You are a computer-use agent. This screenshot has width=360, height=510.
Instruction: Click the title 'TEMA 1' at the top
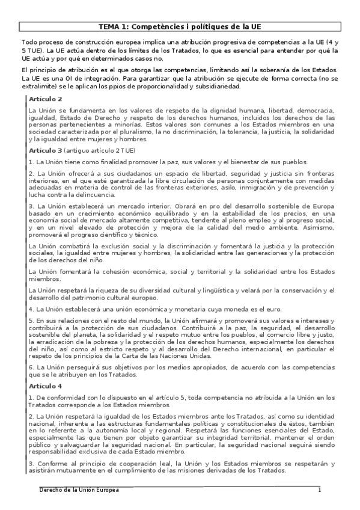[x=180, y=27]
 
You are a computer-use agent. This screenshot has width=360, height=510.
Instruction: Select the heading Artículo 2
[x=45, y=99]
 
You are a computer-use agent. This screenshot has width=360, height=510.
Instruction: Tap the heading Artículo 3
[x=45, y=150]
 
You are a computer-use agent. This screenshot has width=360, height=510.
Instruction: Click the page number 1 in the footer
[x=320, y=491]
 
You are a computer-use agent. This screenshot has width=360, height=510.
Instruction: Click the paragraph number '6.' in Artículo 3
[x=31, y=366]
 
